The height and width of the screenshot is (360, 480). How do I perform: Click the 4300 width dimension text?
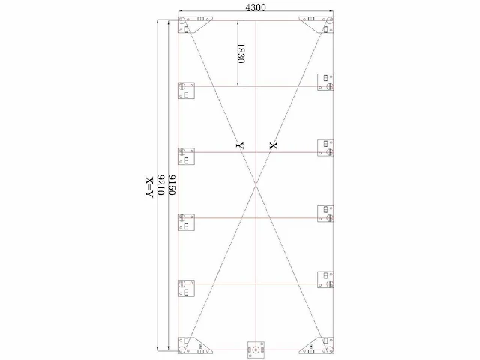(x=256, y=7)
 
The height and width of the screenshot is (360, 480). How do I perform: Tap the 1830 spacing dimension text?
(x=241, y=53)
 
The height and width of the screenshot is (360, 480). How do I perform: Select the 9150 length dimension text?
(x=172, y=185)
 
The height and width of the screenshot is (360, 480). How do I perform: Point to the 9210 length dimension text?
(x=160, y=185)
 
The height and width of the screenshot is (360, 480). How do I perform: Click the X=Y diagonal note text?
(x=149, y=187)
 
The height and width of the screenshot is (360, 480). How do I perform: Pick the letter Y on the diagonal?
(x=240, y=145)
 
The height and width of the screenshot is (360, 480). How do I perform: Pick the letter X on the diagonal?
(x=273, y=145)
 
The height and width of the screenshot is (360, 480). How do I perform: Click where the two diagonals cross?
(x=256, y=184)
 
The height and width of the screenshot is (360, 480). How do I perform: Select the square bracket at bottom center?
(x=256, y=349)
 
